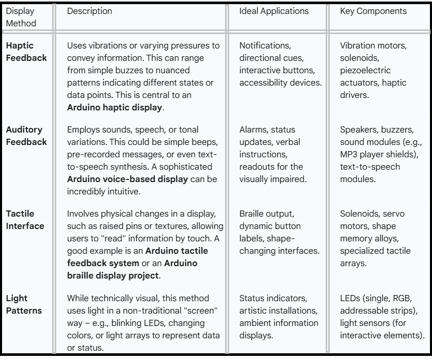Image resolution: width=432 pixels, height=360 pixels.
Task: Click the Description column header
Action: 89,10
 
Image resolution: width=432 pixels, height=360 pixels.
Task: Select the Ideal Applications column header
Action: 274,10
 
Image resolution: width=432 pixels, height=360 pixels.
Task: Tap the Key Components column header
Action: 373,10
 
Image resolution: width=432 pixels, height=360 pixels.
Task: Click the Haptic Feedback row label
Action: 26,52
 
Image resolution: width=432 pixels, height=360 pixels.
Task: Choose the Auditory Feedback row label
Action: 26,135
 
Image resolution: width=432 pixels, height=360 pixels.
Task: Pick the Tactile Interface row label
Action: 24,219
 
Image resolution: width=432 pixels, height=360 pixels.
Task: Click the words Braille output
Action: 267,214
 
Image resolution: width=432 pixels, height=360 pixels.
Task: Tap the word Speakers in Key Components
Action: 357,130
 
